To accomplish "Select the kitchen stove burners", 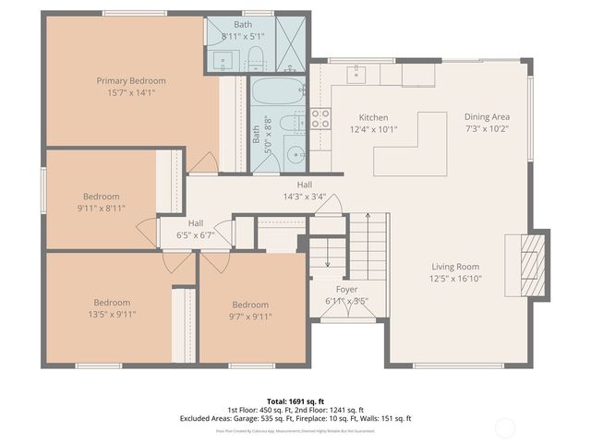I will pos(320,118).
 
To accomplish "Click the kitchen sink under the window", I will pos(358,74).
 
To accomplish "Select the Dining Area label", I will pos(487,117).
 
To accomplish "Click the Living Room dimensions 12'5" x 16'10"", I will pos(455,278).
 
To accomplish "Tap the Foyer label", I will pos(346,289).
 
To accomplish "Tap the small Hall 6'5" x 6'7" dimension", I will pos(196,235).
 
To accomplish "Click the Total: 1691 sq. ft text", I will pos(295,401).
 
